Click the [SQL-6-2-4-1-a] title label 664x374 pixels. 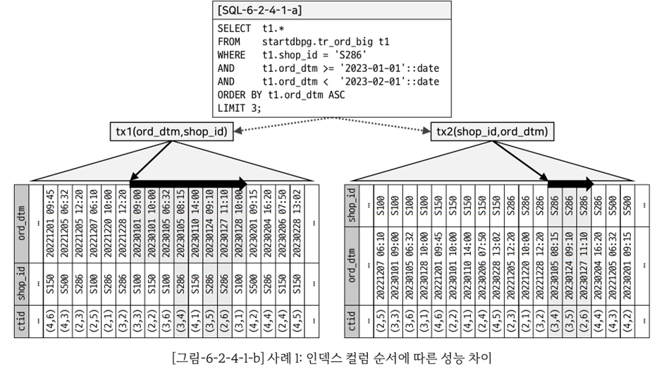257,11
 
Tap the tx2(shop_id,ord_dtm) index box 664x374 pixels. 491,131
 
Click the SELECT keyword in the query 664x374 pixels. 234,28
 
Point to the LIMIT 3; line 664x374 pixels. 239,108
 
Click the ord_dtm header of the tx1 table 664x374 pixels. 22,222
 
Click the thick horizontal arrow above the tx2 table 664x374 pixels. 571,182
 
